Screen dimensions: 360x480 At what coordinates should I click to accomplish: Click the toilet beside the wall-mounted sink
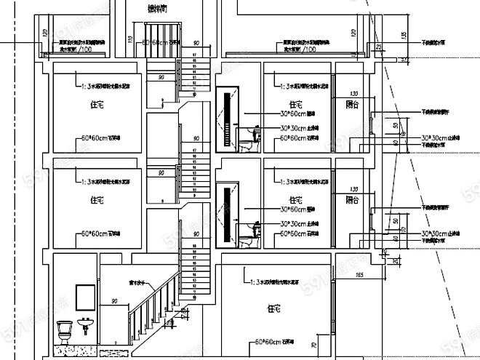tap(63, 331)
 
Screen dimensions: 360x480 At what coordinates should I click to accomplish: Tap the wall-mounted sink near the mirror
tap(86, 324)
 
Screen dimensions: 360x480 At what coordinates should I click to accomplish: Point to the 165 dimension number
tap(359, 276)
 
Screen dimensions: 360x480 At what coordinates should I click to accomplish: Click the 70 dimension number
tap(314, 345)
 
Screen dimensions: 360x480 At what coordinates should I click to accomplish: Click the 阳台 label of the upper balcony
tap(352, 105)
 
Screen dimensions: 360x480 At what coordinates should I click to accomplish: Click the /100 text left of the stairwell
tap(86, 49)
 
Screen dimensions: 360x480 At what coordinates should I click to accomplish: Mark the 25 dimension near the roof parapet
tap(379, 47)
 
